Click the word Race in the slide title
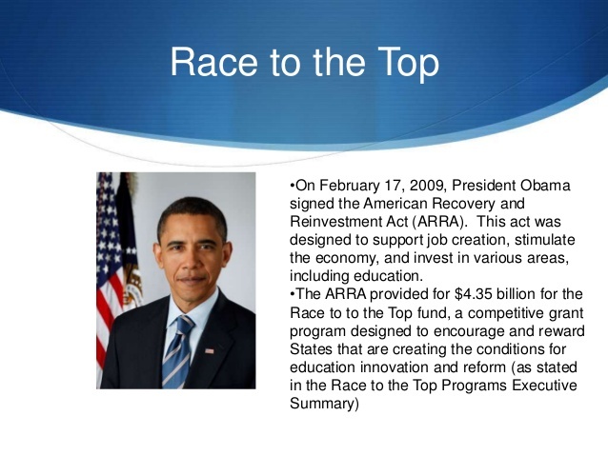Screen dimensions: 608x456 213,62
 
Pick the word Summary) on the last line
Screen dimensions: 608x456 324,404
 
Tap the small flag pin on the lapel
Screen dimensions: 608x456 210,351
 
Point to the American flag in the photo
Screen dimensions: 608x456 110,271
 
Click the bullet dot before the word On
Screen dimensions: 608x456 292,186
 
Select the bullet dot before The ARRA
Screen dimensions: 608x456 292,294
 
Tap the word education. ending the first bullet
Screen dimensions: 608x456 388,277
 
